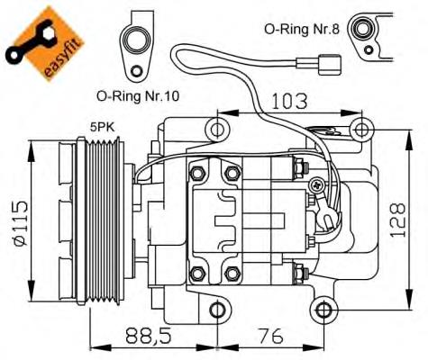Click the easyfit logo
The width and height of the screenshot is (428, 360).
click(44, 40)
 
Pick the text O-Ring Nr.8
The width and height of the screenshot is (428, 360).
click(299, 29)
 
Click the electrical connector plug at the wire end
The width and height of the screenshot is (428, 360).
click(332, 64)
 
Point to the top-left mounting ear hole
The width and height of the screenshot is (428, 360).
click(217, 131)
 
